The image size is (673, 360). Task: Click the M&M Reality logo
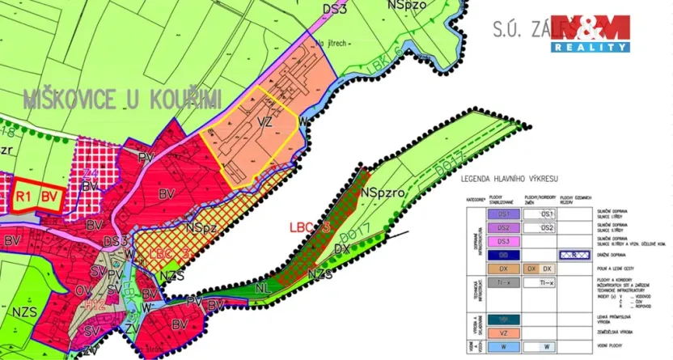(x=590, y=33)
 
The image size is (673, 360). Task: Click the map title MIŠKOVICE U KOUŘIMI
(x=121, y=100)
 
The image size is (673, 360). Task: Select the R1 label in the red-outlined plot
(x=23, y=196)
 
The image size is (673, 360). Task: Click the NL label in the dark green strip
(x=265, y=286)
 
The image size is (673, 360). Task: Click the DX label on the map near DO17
(x=341, y=250)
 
